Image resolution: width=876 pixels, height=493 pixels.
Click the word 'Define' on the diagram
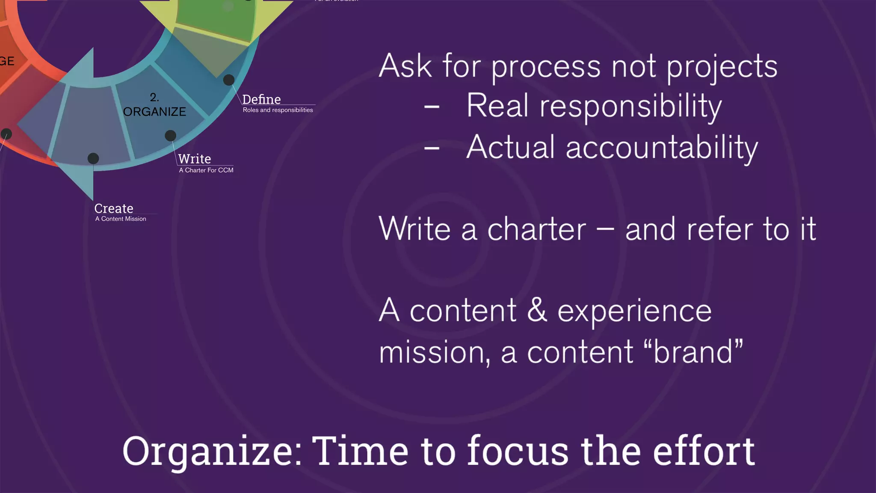pos(261,99)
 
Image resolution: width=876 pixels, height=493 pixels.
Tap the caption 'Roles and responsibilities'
pos(278,110)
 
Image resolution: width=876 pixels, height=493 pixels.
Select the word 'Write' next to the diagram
pos(195,159)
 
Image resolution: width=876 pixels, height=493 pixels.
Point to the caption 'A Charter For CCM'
pos(206,170)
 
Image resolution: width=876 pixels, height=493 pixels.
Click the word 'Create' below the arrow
pos(114,208)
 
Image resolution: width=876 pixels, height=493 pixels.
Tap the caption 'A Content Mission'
pos(121,219)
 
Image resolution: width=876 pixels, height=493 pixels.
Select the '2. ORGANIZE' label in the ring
pos(154,105)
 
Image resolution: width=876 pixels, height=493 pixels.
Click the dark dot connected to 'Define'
pos(229,80)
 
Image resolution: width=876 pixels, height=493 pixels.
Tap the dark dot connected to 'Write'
pos(170,136)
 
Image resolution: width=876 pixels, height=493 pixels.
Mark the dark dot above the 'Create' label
pos(93,158)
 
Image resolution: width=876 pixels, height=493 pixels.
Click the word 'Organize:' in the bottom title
pos(212,451)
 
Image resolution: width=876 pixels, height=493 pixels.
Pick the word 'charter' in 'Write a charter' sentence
pos(536,229)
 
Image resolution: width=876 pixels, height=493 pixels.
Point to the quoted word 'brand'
pos(693,352)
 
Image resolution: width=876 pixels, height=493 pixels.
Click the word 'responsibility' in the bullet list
pos(630,107)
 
